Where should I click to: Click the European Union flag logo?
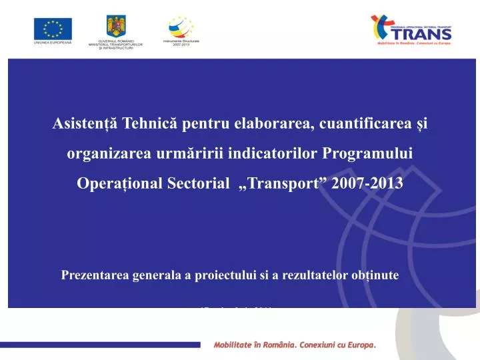pyautogui.click(x=53, y=28)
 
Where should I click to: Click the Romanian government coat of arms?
pyautogui.click(x=116, y=26)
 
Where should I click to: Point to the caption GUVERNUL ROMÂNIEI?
pyautogui.click(x=116, y=41)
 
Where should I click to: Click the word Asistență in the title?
pyautogui.click(x=84, y=125)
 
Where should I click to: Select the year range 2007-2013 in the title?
pyautogui.click(x=371, y=183)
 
